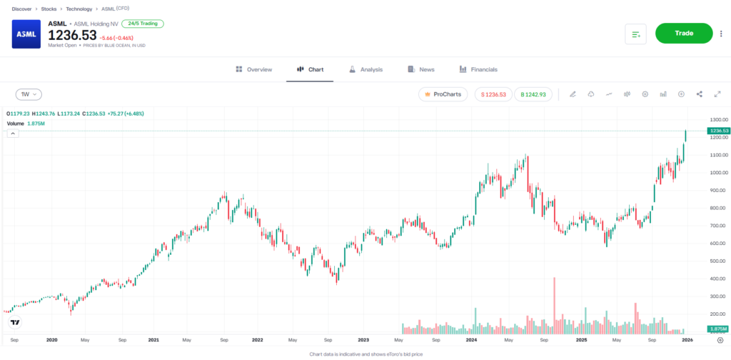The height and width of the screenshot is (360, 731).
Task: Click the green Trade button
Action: (683, 34)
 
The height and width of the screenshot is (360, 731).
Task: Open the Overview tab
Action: (254, 69)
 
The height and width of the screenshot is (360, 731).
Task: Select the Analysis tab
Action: (365, 69)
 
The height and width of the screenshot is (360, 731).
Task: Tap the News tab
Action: (421, 69)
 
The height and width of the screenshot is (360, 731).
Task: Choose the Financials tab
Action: (477, 69)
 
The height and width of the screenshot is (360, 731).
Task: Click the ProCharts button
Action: (443, 94)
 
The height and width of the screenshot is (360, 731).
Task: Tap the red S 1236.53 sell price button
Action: (493, 94)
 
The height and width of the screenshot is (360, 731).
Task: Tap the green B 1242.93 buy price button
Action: (533, 94)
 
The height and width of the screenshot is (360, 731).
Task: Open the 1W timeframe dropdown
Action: (29, 94)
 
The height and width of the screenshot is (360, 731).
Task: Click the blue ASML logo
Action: (26, 34)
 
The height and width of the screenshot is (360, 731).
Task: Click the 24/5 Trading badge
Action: (143, 24)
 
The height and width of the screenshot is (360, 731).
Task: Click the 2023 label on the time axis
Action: (363, 341)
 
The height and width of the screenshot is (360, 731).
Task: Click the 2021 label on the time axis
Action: (154, 341)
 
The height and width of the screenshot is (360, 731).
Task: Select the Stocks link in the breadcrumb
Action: (49, 9)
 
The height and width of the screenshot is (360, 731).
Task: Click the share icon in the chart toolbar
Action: (699, 94)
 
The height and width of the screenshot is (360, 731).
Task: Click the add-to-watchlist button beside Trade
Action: (635, 34)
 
